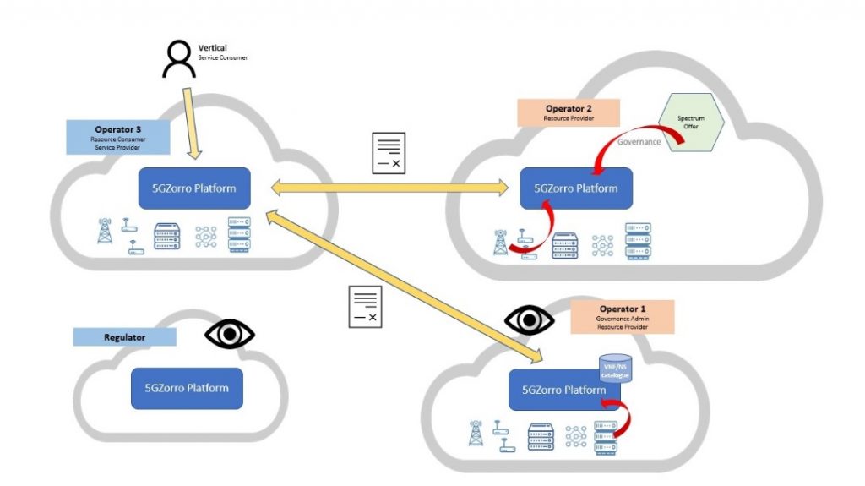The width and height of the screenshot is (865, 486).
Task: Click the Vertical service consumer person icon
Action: tap(177, 59)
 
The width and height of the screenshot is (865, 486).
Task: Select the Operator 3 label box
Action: tap(117, 136)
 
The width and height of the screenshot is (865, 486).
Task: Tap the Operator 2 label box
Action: tap(569, 112)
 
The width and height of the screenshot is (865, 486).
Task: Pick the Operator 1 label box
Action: tap(623, 314)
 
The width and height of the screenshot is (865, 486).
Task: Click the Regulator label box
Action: tap(124, 337)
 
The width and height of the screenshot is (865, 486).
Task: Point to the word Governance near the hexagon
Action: tap(639, 142)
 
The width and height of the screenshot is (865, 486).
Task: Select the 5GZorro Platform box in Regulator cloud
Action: tap(187, 389)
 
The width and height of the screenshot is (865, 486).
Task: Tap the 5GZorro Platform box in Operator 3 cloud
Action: tap(194, 188)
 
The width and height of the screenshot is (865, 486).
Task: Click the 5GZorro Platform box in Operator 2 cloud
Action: tap(575, 188)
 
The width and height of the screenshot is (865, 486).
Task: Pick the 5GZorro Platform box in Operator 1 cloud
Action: tap(563, 390)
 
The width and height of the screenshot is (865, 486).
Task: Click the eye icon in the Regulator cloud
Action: tap(230, 335)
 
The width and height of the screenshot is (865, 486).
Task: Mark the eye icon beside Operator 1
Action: tap(529, 319)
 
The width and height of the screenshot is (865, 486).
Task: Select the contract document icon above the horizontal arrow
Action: tap(389, 153)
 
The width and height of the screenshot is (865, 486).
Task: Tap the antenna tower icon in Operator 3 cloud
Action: tap(106, 231)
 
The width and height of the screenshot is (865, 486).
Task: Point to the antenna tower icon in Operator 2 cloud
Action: tap(502, 241)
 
